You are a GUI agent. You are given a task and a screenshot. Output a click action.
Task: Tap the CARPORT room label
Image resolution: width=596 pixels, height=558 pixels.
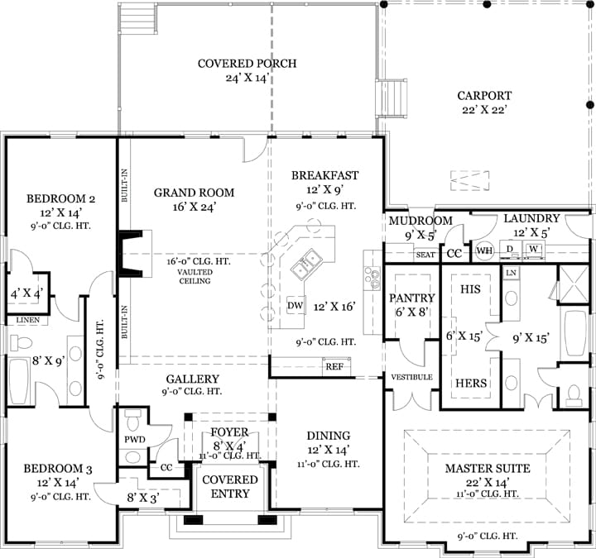pos(484,96)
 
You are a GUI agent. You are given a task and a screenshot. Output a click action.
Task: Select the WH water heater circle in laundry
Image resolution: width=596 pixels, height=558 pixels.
pos(484,250)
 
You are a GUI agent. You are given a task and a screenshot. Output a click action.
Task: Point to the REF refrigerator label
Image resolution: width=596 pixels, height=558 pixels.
pos(334,366)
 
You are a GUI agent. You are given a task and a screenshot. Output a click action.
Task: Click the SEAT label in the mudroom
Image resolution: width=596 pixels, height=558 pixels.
pos(425,255)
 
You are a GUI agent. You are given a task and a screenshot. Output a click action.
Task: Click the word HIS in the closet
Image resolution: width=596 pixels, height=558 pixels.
pos(470,290)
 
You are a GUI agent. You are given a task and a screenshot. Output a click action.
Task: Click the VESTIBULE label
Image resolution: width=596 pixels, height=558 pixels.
pos(412,377)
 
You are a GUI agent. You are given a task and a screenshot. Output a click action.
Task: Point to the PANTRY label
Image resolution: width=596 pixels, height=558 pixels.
pos(412,298)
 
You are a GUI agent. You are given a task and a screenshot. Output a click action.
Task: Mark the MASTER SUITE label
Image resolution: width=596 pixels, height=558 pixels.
pos(487,469)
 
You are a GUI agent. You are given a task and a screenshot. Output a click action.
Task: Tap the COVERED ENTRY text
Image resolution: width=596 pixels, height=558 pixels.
pos(231,487)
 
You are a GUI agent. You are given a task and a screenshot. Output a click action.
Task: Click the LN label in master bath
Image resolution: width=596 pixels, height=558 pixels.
pos(511,272)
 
